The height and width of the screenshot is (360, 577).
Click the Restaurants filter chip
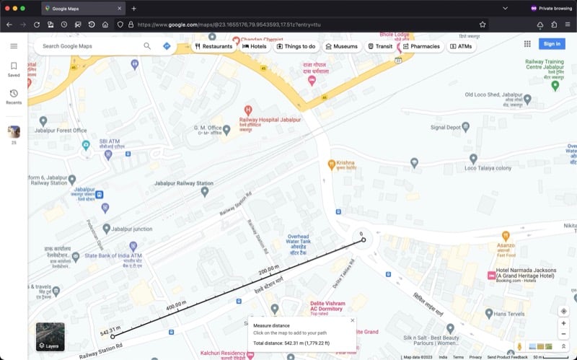click(x=213, y=46)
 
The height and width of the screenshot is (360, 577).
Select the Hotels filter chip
click(x=255, y=46)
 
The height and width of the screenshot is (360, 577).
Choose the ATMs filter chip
click(x=462, y=46)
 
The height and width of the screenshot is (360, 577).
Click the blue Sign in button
click(x=551, y=44)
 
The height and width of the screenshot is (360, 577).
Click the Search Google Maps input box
click(x=90, y=46)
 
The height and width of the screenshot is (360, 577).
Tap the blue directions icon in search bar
click(x=167, y=46)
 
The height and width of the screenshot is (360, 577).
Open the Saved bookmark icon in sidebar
click(x=14, y=66)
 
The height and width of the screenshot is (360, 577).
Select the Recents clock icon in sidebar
click(x=14, y=94)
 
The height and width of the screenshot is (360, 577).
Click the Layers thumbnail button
click(x=50, y=336)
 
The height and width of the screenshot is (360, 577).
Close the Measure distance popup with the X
click(x=353, y=320)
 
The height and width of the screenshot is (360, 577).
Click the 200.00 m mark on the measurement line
click(x=269, y=268)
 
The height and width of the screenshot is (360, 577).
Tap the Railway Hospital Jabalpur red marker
click(x=248, y=110)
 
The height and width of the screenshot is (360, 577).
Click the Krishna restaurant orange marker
click(x=332, y=164)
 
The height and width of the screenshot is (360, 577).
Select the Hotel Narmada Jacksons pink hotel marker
click(x=491, y=275)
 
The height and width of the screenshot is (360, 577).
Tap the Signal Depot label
click(x=445, y=127)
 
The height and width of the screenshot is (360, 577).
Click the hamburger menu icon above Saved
click(x=14, y=46)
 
